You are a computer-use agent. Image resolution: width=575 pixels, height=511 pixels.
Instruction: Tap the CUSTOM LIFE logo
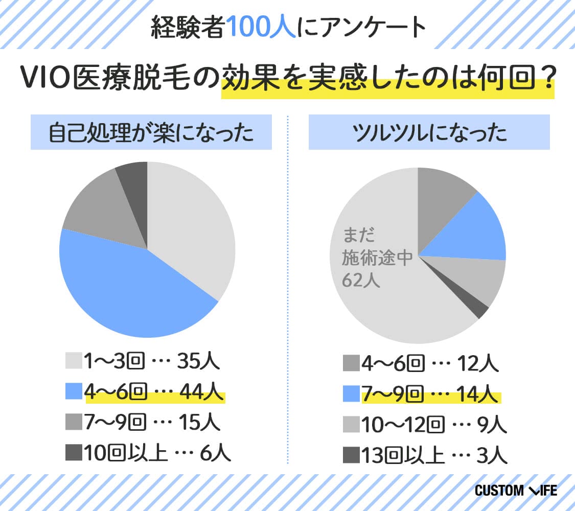[x=516, y=491]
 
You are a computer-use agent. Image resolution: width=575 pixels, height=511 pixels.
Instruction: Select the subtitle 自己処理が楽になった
[x=151, y=133]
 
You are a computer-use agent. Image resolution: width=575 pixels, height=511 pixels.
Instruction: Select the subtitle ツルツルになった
[x=429, y=133]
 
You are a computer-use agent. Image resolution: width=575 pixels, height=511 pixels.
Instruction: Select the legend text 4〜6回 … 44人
[x=153, y=392]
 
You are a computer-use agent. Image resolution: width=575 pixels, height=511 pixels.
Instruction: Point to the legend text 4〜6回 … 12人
[x=429, y=364]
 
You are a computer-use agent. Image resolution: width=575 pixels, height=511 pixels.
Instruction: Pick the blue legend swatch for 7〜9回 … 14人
[x=351, y=394]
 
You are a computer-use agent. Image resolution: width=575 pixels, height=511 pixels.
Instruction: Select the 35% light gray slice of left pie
[x=194, y=230]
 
